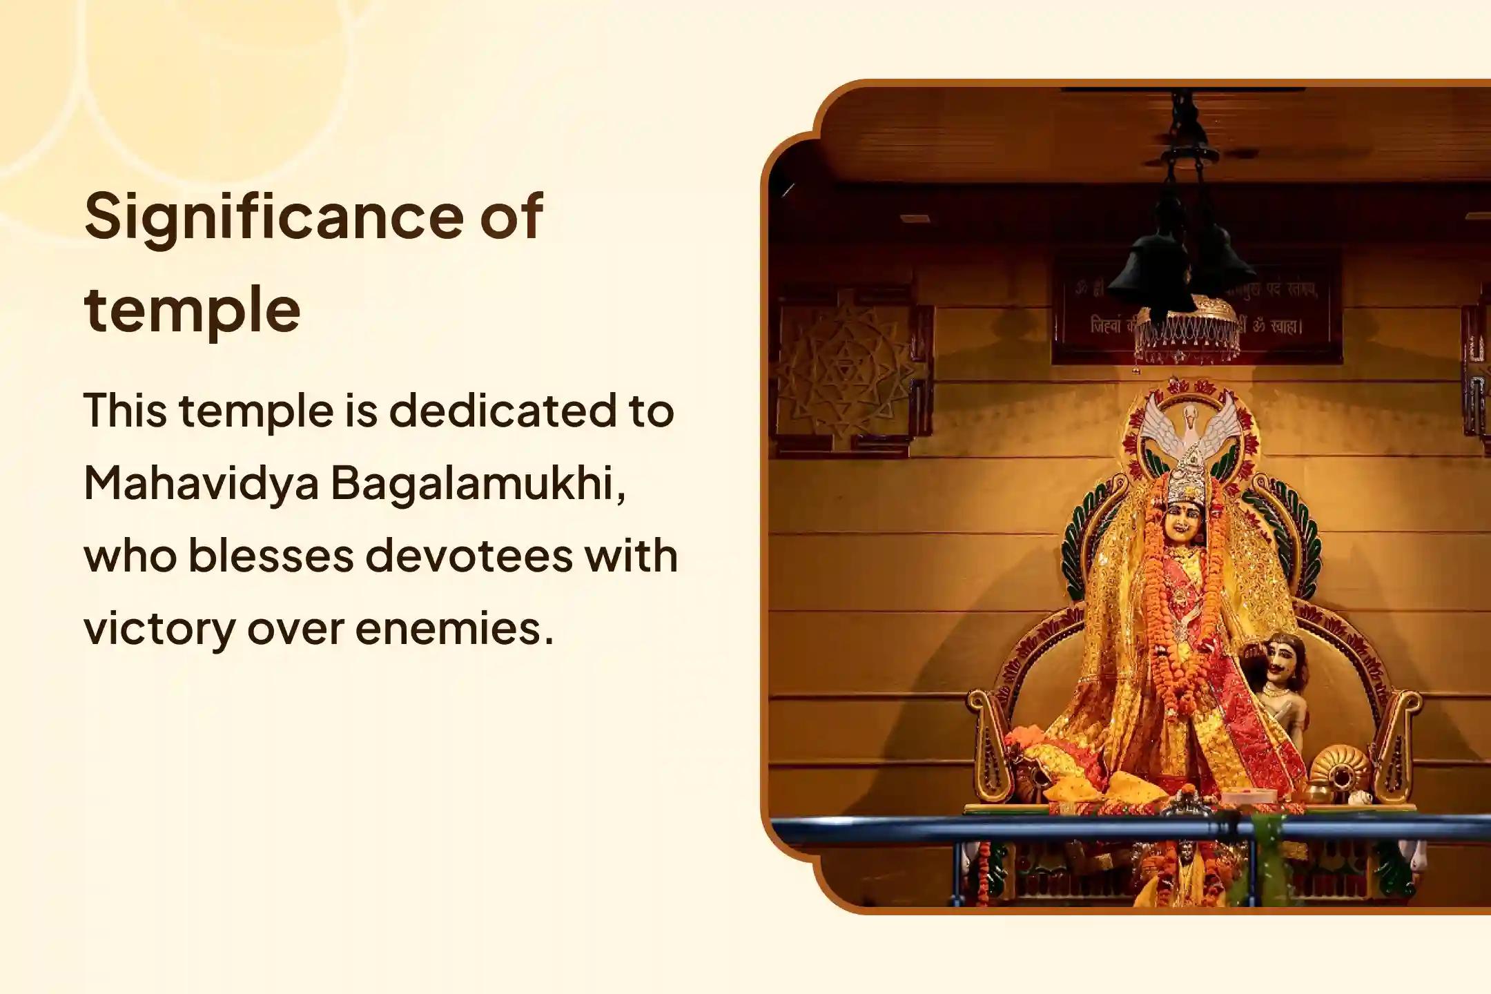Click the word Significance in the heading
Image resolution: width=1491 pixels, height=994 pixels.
coord(269,217)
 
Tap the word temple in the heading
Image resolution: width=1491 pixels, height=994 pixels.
coord(193,309)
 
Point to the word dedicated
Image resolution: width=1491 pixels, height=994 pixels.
coord(501,410)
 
